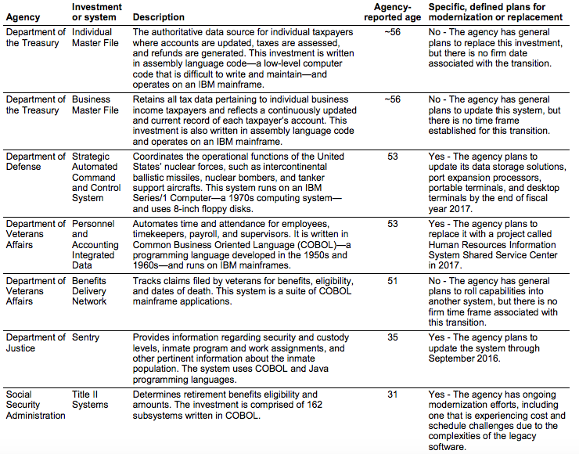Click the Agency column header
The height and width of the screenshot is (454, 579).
(x=23, y=17)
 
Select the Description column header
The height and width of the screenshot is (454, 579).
(x=159, y=17)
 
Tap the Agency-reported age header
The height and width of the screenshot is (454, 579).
(x=392, y=12)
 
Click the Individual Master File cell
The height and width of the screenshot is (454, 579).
(x=96, y=38)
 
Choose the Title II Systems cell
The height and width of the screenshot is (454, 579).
(x=92, y=399)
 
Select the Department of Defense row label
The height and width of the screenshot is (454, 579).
(x=36, y=162)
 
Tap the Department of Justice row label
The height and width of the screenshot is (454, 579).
(x=36, y=343)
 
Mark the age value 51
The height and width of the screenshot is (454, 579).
(x=392, y=280)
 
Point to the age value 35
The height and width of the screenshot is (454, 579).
(x=392, y=337)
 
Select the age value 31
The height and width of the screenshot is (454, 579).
(x=392, y=394)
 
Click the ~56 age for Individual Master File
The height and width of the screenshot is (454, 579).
(x=392, y=32)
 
